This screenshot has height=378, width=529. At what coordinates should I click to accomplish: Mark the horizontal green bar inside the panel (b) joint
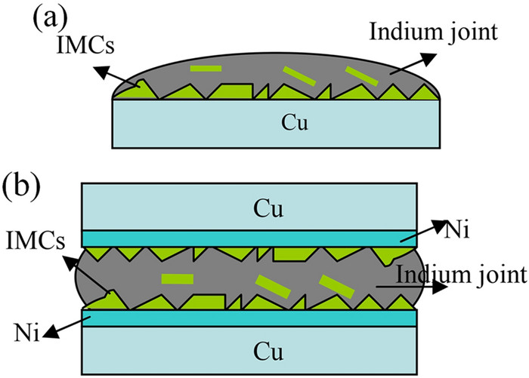click(178, 279)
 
